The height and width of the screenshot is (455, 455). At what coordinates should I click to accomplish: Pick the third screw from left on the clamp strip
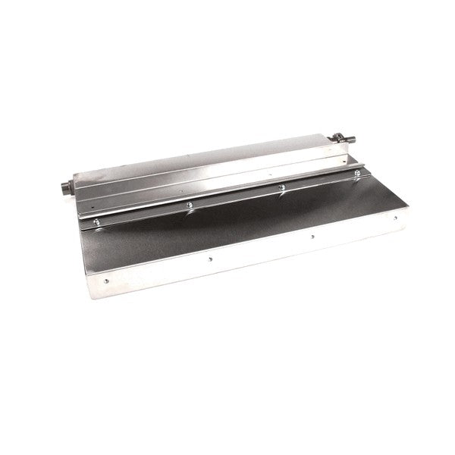pyautogui.click(x=282, y=186)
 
